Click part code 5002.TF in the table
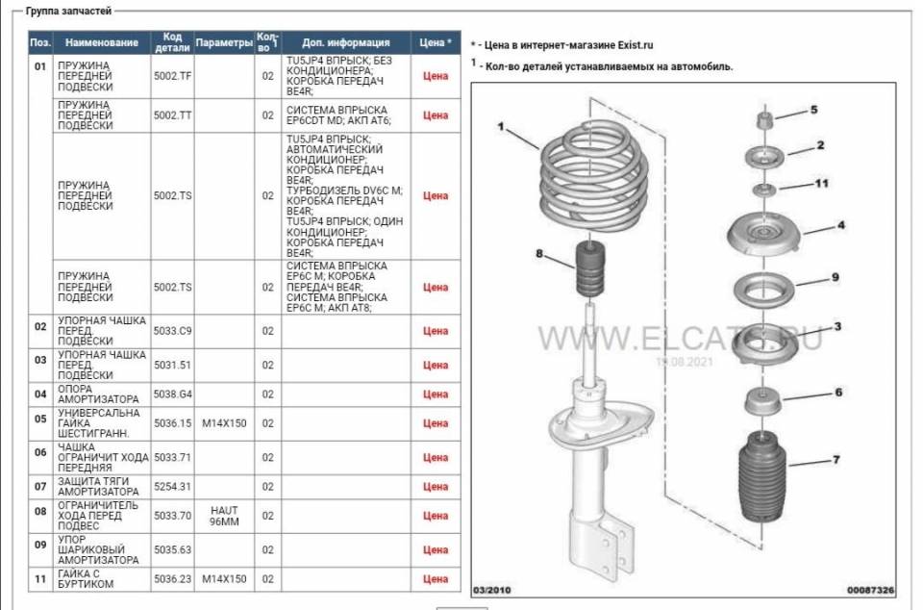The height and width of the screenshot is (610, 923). pyautogui.click(x=172, y=76)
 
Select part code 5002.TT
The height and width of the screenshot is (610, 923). pyautogui.click(x=172, y=115)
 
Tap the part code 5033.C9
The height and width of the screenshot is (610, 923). pyautogui.click(x=172, y=331)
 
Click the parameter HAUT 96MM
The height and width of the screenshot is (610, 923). pyautogui.click(x=224, y=516)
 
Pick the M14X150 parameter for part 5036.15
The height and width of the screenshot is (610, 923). pyautogui.click(x=224, y=423)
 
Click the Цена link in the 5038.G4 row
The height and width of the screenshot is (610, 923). pyautogui.click(x=436, y=394)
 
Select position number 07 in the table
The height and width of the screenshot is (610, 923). pyautogui.click(x=40, y=486)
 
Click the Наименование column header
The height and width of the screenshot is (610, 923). pyautogui.click(x=102, y=42)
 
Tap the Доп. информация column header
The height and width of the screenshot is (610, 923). pyautogui.click(x=346, y=42)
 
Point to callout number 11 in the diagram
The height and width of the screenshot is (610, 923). pyautogui.click(x=821, y=184)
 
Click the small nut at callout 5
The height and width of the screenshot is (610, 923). pyautogui.click(x=764, y=119)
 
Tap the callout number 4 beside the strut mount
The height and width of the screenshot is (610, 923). pyautogui.click(x=841, y=225)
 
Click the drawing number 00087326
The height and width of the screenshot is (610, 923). pyautogui.click(x=871, y=590)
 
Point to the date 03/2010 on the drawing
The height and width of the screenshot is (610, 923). pyautogui.click(x=492, y=590)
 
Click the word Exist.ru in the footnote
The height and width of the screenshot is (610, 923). pyautogui.click(x=636, y=45)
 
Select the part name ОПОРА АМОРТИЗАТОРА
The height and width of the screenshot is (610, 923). pyautogui.click(x=98, y=394)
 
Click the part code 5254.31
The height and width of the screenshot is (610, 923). pyautogui.click(x=172, y=486)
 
